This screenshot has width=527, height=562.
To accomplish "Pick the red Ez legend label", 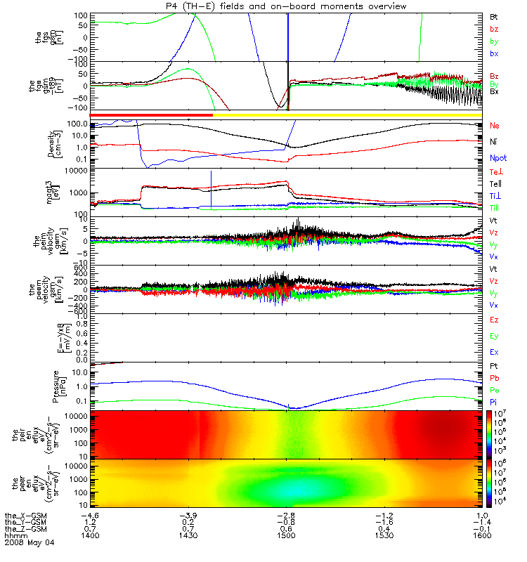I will [495, 320].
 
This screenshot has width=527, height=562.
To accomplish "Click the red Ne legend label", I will [495, 125].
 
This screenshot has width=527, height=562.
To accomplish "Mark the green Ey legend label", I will [495, 336].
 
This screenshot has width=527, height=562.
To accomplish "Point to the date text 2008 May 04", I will [28, 543].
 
